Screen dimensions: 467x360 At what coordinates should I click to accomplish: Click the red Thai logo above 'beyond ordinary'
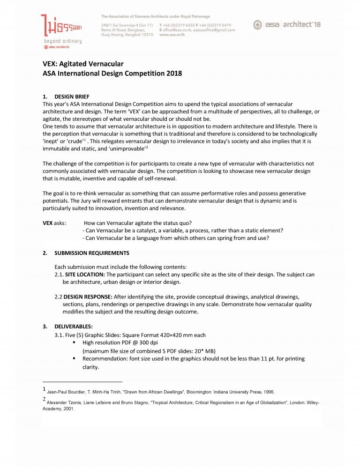click(61, 25)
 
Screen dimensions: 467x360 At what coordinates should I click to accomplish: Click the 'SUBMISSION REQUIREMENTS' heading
click(91, 253)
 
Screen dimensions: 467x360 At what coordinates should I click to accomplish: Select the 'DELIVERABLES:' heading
click(74, 326)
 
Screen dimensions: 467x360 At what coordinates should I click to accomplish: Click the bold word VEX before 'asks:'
click(47, 222)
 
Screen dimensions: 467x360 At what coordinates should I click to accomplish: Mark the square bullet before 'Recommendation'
click(74, 358)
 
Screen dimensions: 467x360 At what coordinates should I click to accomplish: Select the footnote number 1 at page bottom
click(44, 389)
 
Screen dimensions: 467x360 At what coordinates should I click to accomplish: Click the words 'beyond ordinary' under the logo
click(61, 41)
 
